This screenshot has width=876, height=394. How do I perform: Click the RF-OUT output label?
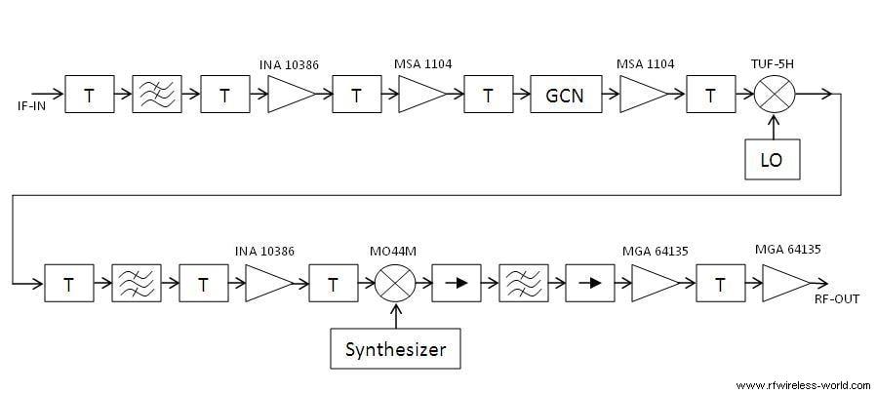point(836,298)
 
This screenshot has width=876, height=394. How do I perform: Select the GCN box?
point(565,96)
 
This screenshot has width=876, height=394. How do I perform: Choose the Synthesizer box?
point(394,349)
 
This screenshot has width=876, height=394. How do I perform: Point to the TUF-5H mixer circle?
point(774,95)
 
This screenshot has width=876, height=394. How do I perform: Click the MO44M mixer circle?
point(395,284)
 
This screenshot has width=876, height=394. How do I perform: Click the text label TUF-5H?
point(774,64)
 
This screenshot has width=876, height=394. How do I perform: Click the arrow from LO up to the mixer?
point(774,128)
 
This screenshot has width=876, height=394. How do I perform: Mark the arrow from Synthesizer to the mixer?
point(395,316)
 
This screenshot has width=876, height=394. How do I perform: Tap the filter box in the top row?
point(157,96)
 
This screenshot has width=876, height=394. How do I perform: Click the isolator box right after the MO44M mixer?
point(454,284)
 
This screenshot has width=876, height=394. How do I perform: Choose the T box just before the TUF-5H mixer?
point(711,96)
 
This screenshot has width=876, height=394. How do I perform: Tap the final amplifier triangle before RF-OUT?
point(783,284)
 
